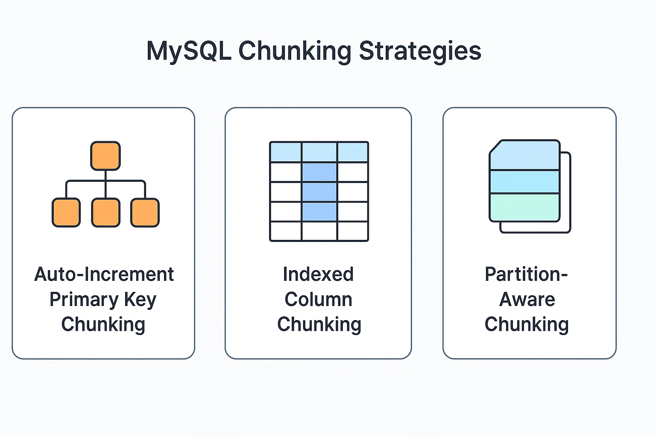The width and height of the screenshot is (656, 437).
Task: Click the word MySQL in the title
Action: click(x=189, y=51)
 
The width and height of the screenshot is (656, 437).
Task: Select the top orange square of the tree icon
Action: click(x=105, y=156)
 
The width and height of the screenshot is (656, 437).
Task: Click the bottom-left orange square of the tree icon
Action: click(x=66, y=213)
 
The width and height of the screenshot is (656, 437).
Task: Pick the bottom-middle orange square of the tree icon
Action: click(x=106, y=213)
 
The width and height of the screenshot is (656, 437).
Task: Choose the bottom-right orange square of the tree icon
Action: click(x=145, y=213)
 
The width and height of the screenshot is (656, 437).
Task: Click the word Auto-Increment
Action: click(x=104, y=274)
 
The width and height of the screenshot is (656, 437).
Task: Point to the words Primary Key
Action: click(x=103, y=300)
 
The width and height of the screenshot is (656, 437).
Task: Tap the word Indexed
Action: click(x=318, y=274)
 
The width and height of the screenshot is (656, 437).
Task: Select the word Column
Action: click(x=318, y=300)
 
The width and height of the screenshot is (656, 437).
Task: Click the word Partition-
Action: click(x=526, y=274)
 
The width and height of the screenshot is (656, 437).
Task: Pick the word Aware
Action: click(x=527, y=300)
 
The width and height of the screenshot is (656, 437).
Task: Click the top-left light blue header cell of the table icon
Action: click(x=286, y=152)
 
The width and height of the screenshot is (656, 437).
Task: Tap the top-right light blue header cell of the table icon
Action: click(x=353, y=152)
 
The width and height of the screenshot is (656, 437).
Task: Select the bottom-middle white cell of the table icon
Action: click(x=319, y=231)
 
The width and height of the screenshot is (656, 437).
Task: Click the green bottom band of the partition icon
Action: click(x=524, y=207)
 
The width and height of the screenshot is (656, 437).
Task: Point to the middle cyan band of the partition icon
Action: click(x=524, y=182)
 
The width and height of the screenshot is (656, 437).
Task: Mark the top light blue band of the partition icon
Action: click(x=524, y=155)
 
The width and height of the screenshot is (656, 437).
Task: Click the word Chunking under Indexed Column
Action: click(x=319, y=325)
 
